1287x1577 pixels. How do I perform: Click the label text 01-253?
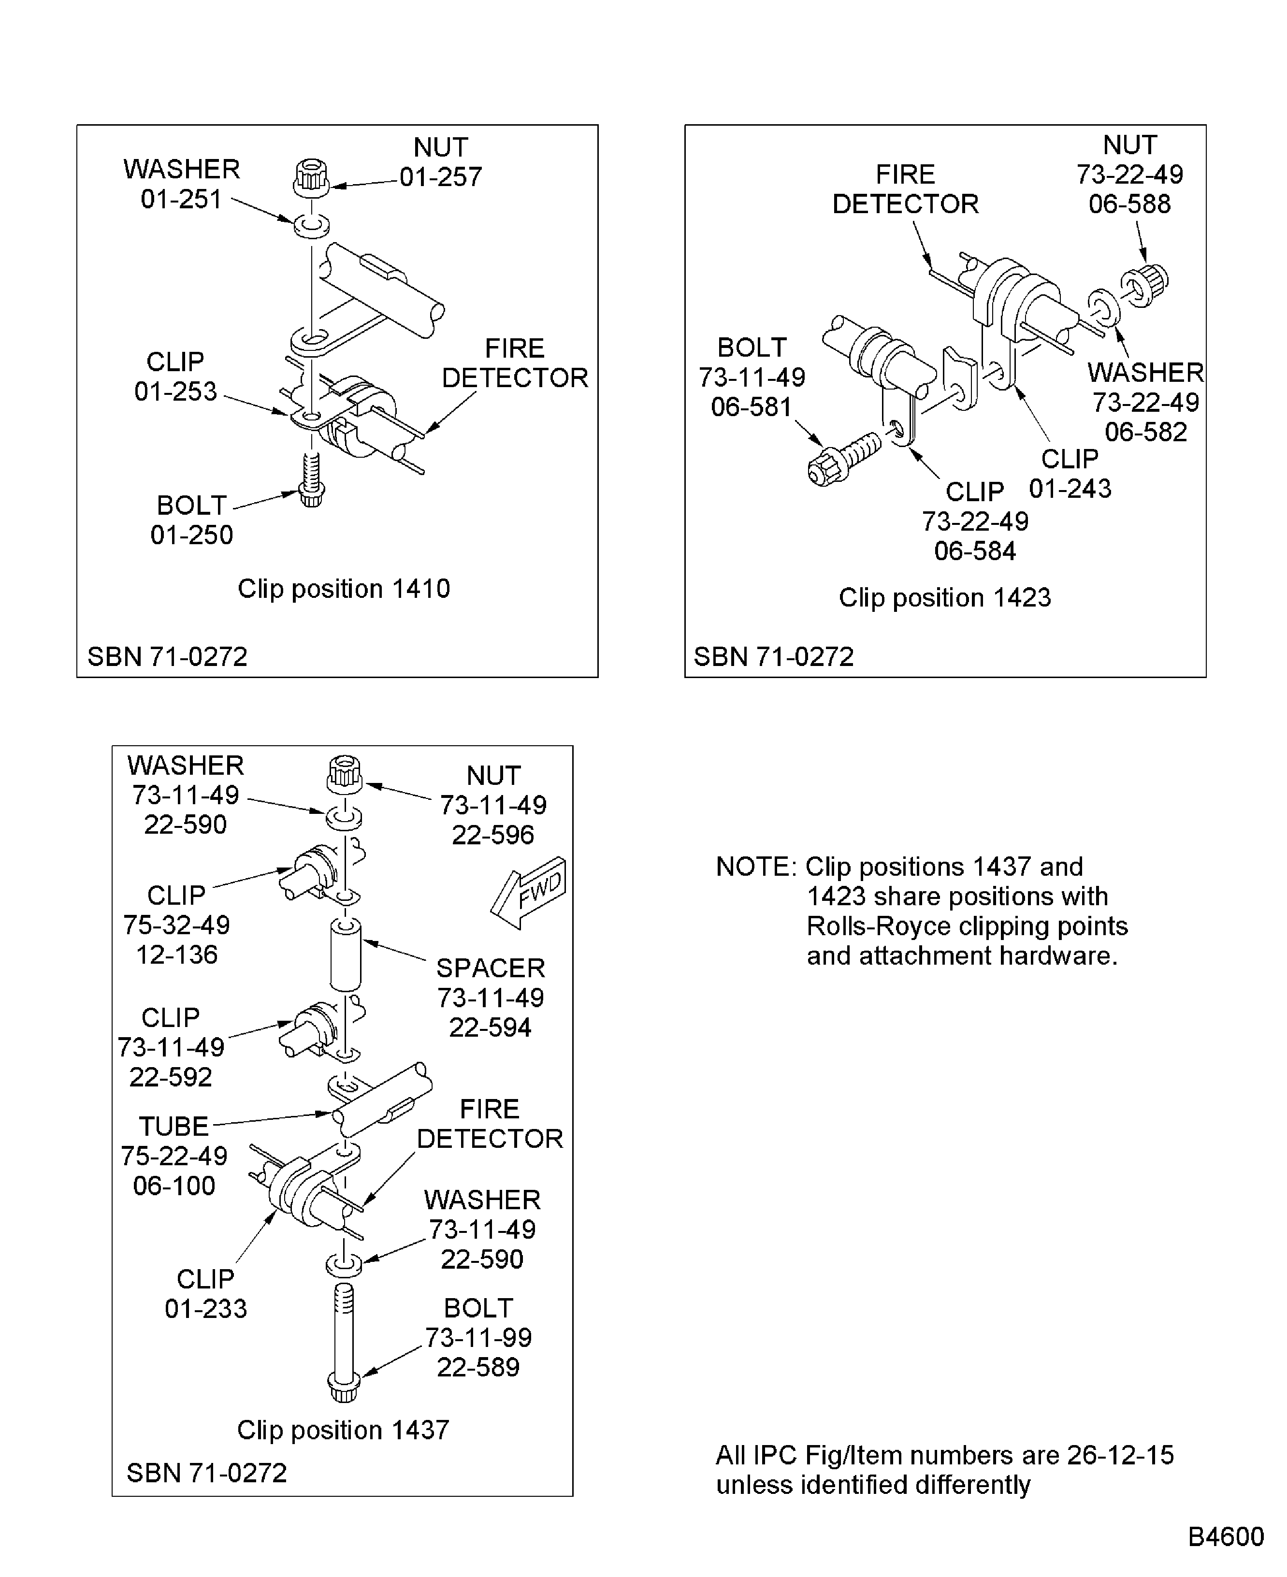click(x=176, y=391)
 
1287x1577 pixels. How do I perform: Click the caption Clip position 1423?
click(x=944, y=597)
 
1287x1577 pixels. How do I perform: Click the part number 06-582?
click(x=1145, y=432)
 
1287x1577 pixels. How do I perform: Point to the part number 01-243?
click(x=1070, y=489)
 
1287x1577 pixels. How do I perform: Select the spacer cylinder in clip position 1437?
click(x=346, y=955)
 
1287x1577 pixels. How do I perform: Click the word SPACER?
click(x=490, y=969)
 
